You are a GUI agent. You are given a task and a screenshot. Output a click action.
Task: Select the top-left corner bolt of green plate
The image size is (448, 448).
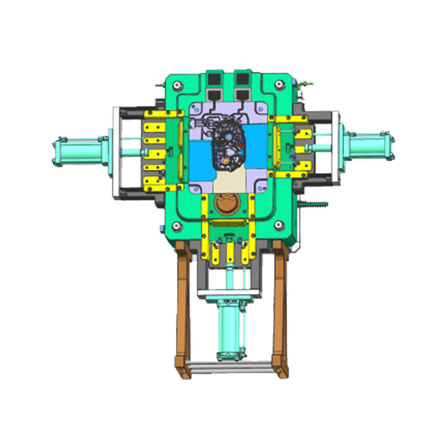tap(178, 85)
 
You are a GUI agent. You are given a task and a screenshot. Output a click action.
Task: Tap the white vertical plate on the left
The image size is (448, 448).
tap(115, 152)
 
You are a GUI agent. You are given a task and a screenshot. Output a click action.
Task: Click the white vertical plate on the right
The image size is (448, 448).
tap(335, 146)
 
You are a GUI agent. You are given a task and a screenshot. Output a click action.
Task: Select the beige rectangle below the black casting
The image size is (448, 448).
tap(229, 181)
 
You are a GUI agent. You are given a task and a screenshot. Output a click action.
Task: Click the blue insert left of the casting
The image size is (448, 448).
tap(200, 160)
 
